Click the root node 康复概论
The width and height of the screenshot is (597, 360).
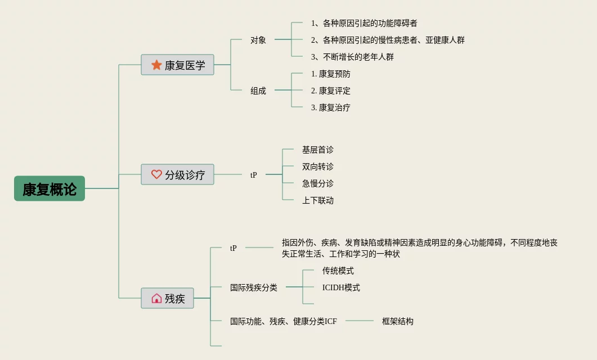[x=50, y=188]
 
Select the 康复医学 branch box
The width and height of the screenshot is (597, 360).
[x=177, y=65]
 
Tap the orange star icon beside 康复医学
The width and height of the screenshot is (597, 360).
[x=156, y=65]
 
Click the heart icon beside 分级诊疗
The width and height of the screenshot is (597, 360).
[x=156, y=174]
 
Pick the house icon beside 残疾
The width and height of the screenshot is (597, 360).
[x=156, y=298]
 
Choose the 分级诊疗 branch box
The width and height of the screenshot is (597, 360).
[x=177, y=174]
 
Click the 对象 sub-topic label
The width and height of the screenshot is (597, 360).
[x=258, y=40]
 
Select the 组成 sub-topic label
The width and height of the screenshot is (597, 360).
[x=258, y=91]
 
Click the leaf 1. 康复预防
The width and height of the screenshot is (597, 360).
[x=331, y=74]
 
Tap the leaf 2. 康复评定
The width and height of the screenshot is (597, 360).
[x=331, y=91]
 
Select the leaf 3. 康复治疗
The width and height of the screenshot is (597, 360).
[x=331, y=107]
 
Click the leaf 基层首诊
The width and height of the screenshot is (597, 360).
[x=318, y=150]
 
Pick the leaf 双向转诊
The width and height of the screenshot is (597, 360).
[x=318, y=166]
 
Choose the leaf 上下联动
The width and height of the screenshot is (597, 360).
[x=318, y=200]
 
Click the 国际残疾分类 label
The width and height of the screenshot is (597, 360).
[x=254, y=287]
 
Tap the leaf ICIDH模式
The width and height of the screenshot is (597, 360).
[x=341, y=287]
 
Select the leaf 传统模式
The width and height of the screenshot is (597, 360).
[x=338, y=271]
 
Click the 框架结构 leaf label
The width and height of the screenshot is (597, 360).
[x=398, y=321]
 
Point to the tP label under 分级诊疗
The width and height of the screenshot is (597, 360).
[x=254, y=175]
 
